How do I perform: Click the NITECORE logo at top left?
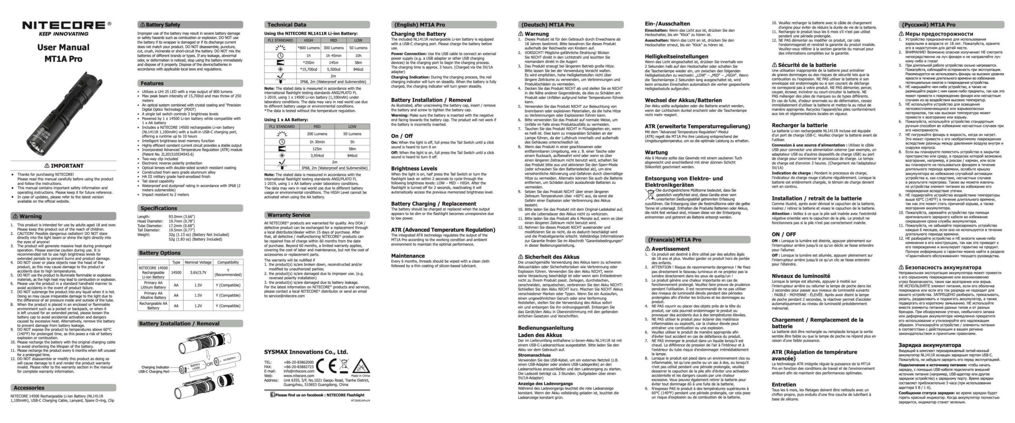[x=63, y=25]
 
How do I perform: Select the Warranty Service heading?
[x=288, y=215]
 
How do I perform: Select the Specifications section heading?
[x=159, y=208]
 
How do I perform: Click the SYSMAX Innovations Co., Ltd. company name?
[x=306, y=352]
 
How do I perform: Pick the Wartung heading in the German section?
[x=656, y=152]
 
